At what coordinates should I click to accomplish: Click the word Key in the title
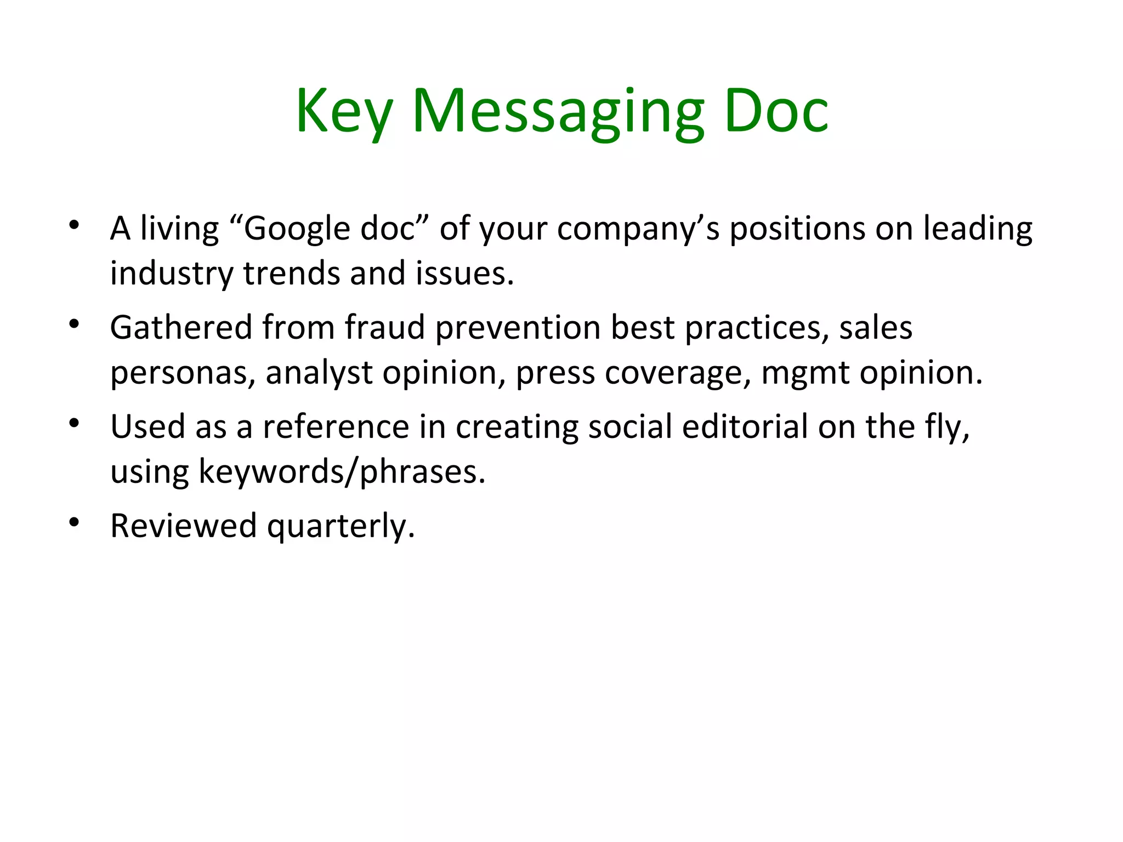(344, 112)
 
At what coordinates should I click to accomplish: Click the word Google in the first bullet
(296, 229)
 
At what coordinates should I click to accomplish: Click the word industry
(172, 274)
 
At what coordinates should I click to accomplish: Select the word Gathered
(181, 328)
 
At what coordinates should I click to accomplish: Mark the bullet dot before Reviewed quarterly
(75, 522)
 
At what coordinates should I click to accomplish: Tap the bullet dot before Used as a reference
(75, 423)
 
